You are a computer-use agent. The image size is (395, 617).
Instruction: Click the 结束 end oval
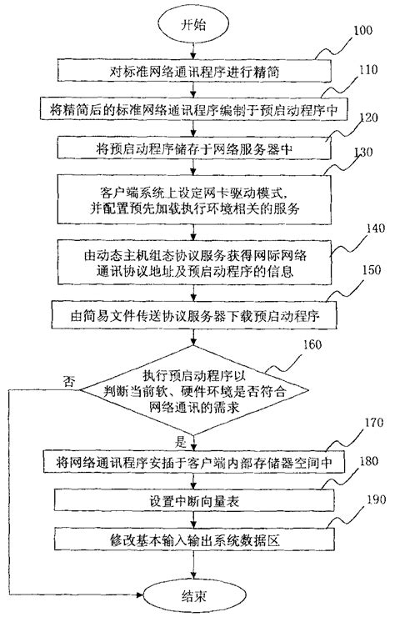coord(193,597)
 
